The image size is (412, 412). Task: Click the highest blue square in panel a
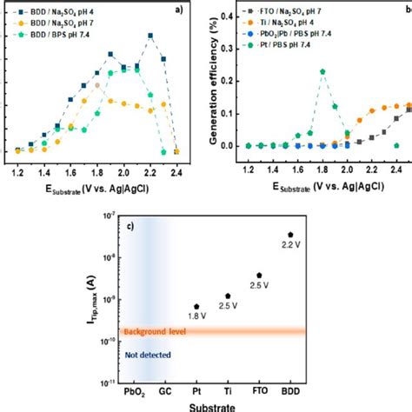(151, 36)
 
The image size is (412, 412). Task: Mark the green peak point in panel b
(322, 72)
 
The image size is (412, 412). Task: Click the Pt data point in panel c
(196, 306)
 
